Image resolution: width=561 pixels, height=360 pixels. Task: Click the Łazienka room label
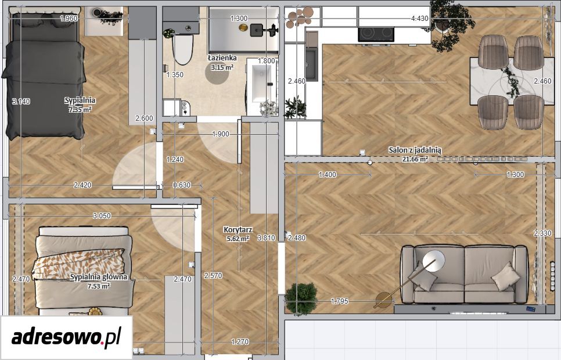point(222,57)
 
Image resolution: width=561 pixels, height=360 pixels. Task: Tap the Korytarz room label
point(238,230)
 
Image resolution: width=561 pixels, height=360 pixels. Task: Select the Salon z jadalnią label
point(415,150)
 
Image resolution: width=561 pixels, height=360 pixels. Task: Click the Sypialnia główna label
point(98,277)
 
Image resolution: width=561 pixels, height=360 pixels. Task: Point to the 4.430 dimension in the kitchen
point(420,18)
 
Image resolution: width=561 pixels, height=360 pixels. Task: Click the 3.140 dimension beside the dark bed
point(21,102)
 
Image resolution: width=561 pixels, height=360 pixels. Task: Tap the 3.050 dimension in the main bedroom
point(102,216)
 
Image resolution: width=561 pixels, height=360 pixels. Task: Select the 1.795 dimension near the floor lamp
point(339,301)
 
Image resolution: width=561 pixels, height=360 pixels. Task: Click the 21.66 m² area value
point(415,159)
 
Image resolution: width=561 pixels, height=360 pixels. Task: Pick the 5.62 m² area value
point(238,238)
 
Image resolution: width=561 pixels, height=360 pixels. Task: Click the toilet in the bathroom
point(182,48)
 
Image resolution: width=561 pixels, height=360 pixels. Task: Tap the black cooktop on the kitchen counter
point(376,34)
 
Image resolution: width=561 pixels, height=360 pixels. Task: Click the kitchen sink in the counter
point(311,64)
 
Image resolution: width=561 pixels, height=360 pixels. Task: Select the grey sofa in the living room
point(464,273)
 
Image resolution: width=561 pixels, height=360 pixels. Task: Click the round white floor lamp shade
point(434,261)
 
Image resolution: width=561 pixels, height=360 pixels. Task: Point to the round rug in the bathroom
point(217,73)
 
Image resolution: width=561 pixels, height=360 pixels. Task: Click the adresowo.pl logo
point(66,337)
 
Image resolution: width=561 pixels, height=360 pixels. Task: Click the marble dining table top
point(512,81)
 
